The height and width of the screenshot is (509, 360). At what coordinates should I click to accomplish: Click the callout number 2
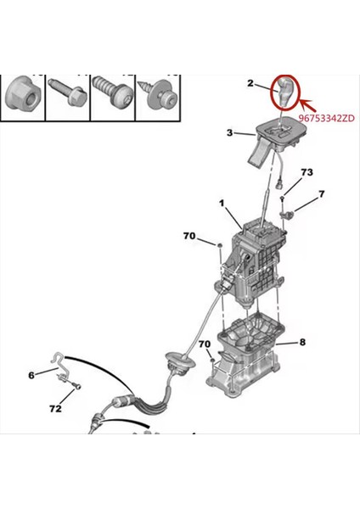tap(251, 83)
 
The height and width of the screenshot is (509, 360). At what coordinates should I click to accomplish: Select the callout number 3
tap(229, 132)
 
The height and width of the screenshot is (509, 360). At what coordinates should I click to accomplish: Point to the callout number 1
tap(222, 204)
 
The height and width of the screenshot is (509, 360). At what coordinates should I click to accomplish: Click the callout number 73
tap(307, 172)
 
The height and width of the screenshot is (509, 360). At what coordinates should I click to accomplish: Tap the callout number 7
tap(321, 195)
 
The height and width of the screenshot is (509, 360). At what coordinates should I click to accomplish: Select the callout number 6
tap(31, 374)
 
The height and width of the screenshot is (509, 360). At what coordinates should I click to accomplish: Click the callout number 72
tap(55, 409)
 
